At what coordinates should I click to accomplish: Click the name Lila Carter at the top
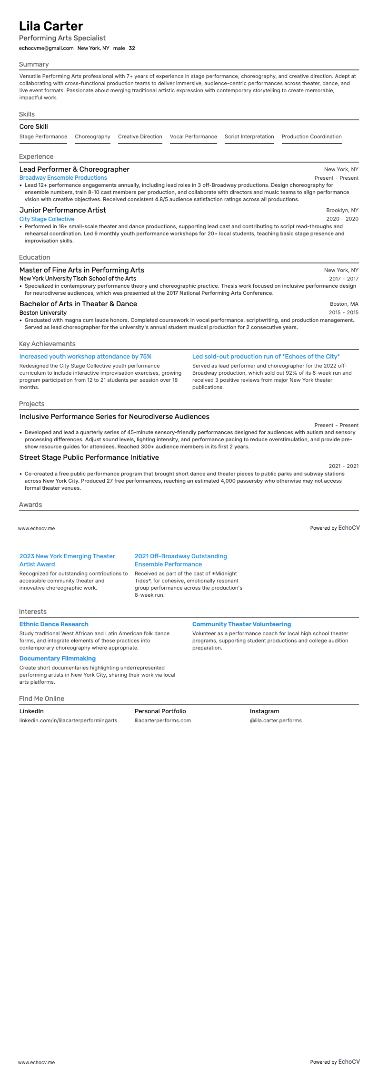(51, 26)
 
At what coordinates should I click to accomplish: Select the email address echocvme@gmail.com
(46, 48)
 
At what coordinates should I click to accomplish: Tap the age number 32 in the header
(132, 48)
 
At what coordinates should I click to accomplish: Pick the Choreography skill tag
(92, 137)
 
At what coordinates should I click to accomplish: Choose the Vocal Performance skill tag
(193, 137)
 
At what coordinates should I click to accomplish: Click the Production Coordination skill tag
(311, 137)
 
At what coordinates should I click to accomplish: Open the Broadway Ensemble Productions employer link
(63, 178)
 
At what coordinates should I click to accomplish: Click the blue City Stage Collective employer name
(47, 219)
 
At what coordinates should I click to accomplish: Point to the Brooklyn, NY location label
(342, 210)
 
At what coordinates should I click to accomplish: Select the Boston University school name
(43, 313)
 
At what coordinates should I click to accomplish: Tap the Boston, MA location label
(344, 304)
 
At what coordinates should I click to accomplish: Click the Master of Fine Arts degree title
(81, 270)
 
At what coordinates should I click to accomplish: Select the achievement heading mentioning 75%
(85, 357)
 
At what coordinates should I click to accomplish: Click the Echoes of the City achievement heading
(266, 357)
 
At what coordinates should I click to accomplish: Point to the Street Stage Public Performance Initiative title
(89, 457)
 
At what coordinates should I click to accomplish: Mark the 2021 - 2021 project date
(343, 466)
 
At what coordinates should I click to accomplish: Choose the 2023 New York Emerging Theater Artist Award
(67, 560)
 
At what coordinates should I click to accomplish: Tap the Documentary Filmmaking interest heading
(58, 659)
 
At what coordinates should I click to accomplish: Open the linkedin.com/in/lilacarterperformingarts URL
(68, 720)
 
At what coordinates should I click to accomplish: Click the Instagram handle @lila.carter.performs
(276, 720)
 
